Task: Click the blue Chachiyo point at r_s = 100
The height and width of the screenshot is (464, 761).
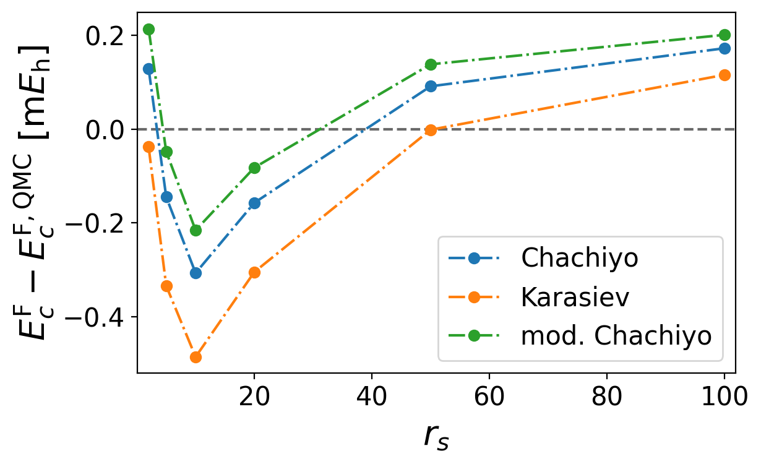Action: coord(724,48)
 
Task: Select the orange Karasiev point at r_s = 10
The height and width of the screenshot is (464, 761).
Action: coord(196,357)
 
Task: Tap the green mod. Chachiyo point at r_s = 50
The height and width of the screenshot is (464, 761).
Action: coord(431,64)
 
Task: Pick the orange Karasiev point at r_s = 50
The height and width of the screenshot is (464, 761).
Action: coord(431,130)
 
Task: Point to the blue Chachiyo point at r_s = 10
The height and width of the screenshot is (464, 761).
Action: coord(196,273)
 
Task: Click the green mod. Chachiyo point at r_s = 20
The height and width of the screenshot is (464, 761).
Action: coord(254,168)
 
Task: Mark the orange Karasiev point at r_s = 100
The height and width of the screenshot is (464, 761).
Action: coord(724,75)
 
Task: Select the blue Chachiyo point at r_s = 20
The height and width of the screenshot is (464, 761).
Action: coord(254,203)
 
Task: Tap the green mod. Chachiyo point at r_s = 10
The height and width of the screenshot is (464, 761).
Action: coord(196,230)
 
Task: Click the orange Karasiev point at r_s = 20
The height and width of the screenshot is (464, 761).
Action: coord(254,272)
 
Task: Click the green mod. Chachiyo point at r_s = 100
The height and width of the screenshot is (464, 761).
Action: coord(724,35)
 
